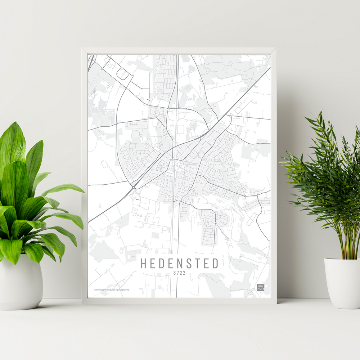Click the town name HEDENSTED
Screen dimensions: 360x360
pos(179,264)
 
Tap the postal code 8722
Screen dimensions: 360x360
pos(179,273)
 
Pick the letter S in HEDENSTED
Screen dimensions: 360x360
pos(188,264)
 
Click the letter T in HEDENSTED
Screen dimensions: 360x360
pos(197,264)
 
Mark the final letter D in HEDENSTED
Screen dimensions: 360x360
pos(215,264)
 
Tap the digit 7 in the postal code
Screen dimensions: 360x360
pos(177,273)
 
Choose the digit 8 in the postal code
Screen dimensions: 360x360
pos(175,273)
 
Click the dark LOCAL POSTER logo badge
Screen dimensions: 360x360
pos(260,288)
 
